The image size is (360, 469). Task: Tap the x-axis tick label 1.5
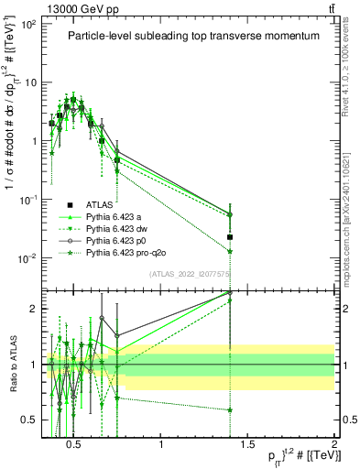pyautogui.click(x=248, y=445)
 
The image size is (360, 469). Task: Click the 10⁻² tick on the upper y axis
pyautogui.click(x=27, y=258)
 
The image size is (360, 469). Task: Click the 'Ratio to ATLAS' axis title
pyautogui.click(x=11, y=365)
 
